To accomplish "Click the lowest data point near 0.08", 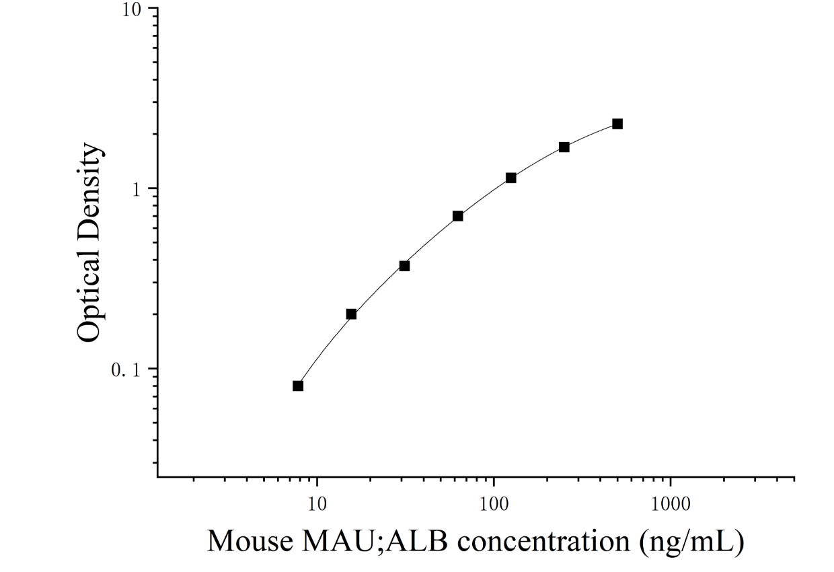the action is (298, 386).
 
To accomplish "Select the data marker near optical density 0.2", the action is (351, 314).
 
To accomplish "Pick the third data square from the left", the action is (404, 266).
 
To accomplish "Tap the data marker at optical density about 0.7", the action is (457, 216).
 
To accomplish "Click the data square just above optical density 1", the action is (511, 178).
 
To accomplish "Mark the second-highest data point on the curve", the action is (564, 147).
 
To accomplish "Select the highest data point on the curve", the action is (617, 124).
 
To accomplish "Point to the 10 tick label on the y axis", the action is (132, 11).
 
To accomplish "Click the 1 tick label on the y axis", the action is (137, 190).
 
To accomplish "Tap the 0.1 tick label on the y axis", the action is (126, 371).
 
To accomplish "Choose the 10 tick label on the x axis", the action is (317, 505).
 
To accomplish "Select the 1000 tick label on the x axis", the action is (671, 505).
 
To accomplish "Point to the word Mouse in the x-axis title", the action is (250, 542).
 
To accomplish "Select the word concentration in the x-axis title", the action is (543, 542).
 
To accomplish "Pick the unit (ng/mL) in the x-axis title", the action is (692, 543).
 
